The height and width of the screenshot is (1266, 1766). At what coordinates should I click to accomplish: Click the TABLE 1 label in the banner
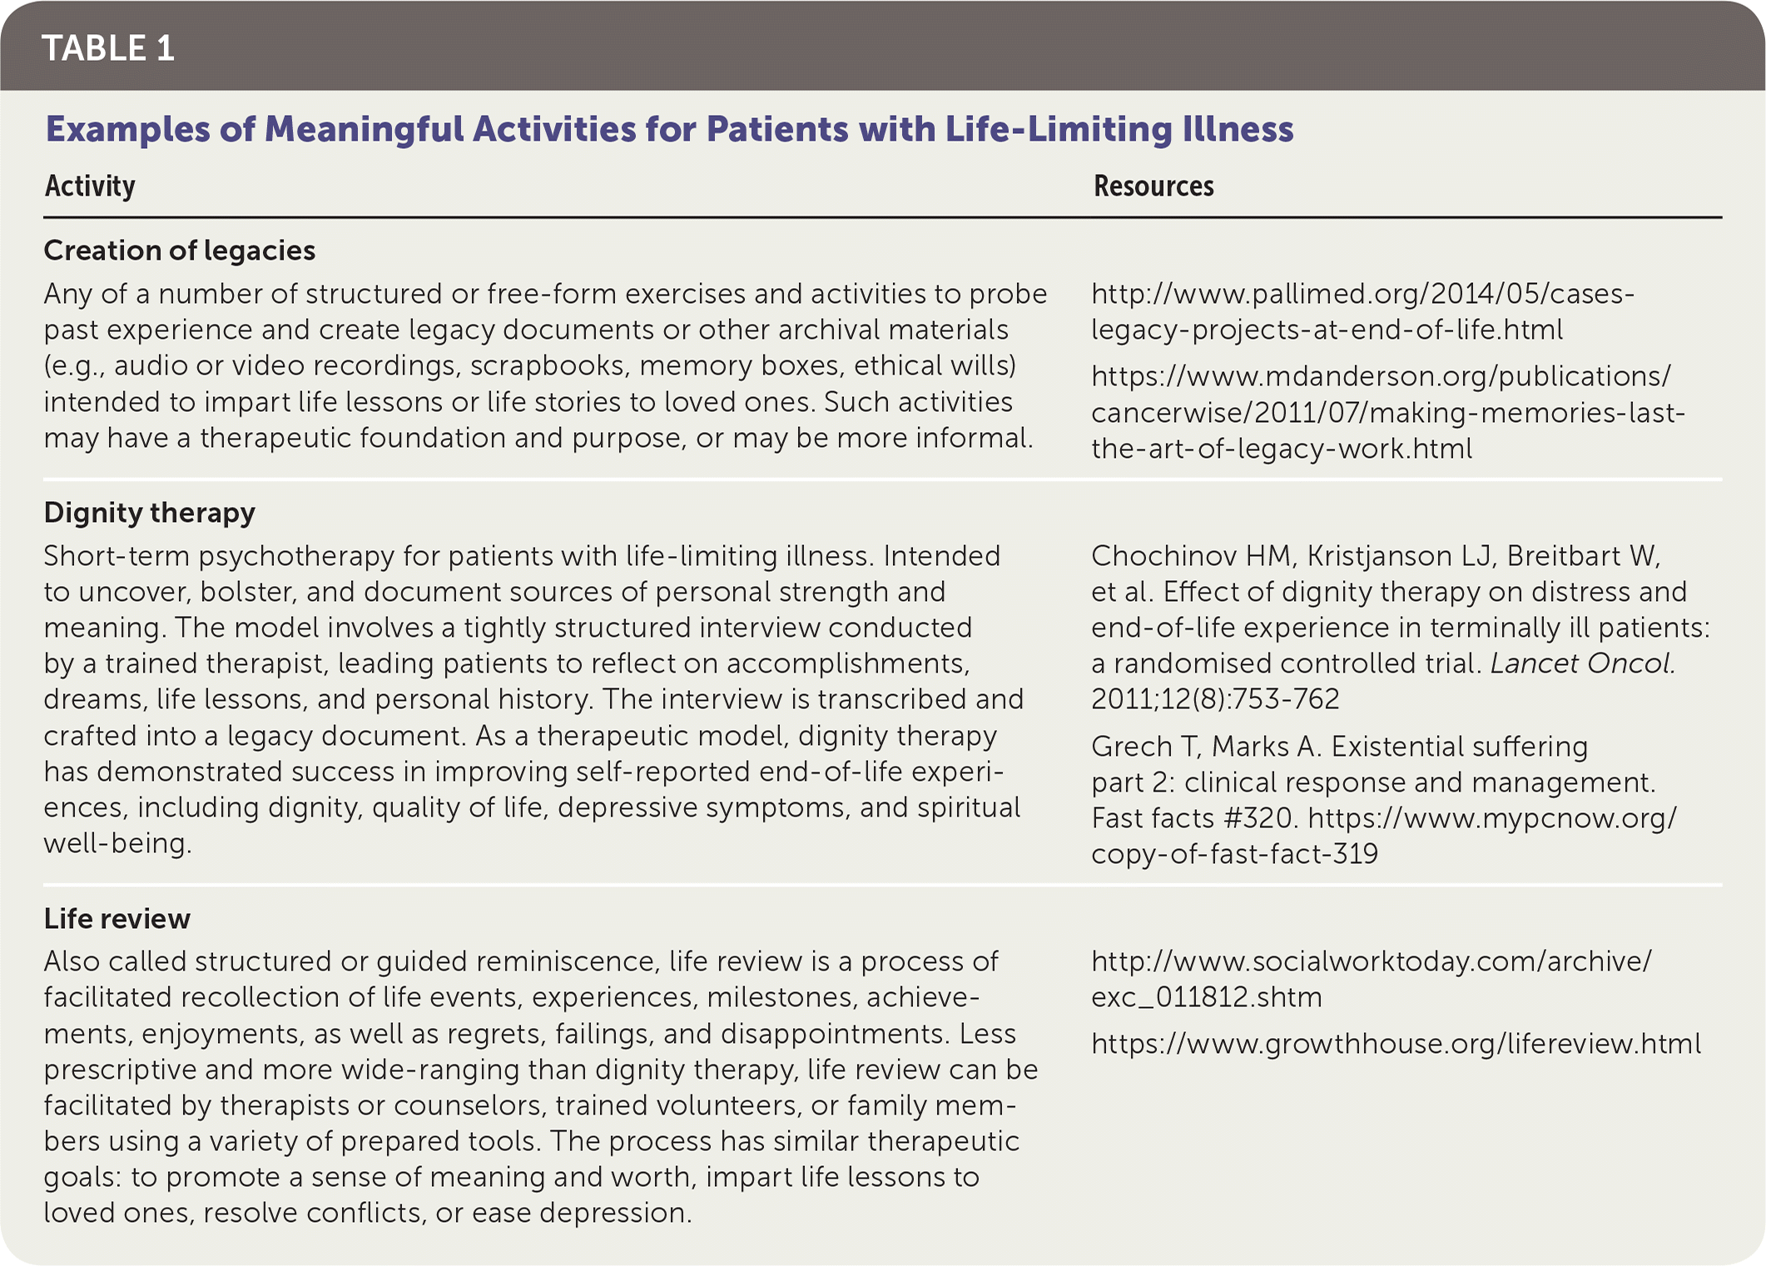point(108,48)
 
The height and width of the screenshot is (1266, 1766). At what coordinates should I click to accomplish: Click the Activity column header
point(90,186)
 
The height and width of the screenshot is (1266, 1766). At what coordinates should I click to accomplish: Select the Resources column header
point(1153,186)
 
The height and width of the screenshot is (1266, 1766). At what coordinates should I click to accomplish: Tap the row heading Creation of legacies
point(180,251)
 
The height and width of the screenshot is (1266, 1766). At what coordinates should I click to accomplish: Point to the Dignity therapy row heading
point(150,513)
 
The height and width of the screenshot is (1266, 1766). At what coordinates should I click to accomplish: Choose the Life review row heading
point(117,919)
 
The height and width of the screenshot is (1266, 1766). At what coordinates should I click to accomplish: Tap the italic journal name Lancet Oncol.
point(1582,663)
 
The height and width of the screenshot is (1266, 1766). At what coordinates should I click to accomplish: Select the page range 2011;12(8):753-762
point(1215,699)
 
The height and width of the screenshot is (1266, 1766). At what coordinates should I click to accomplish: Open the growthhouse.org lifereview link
point(1396,1044)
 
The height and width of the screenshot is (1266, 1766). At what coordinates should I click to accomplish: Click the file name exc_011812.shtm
point(1207,997)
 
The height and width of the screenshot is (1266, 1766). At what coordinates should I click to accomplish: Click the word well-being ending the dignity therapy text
point(117,844)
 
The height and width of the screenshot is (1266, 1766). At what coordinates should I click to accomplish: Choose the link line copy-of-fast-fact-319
point(1235,854)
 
